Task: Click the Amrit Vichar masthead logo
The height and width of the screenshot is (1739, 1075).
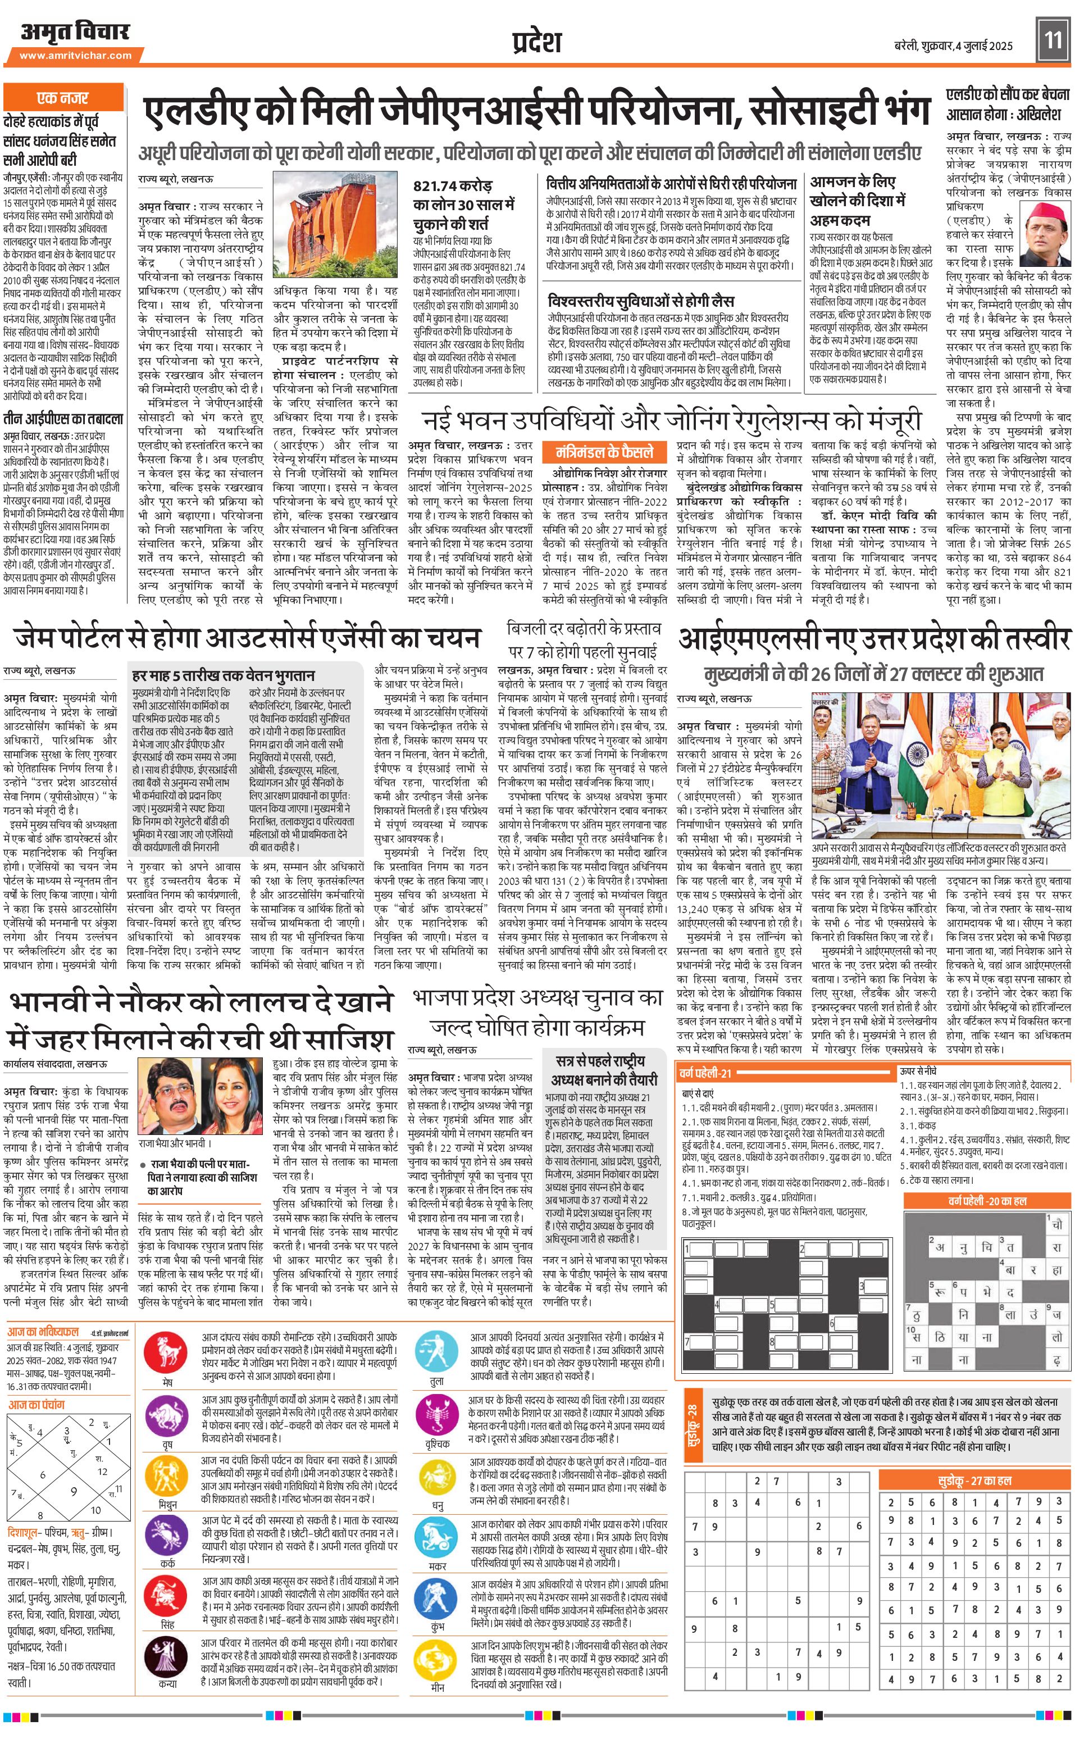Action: coord(75,32)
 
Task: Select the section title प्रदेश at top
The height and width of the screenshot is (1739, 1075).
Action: coord(537,41)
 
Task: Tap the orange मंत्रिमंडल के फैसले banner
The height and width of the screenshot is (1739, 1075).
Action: coord(604,452)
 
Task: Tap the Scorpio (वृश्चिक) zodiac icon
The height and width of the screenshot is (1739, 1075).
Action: coord(438,1413)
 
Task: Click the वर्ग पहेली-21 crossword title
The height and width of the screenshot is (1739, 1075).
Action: coord(705,1073)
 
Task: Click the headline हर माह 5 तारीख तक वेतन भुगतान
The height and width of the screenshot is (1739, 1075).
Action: coord(223,675)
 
